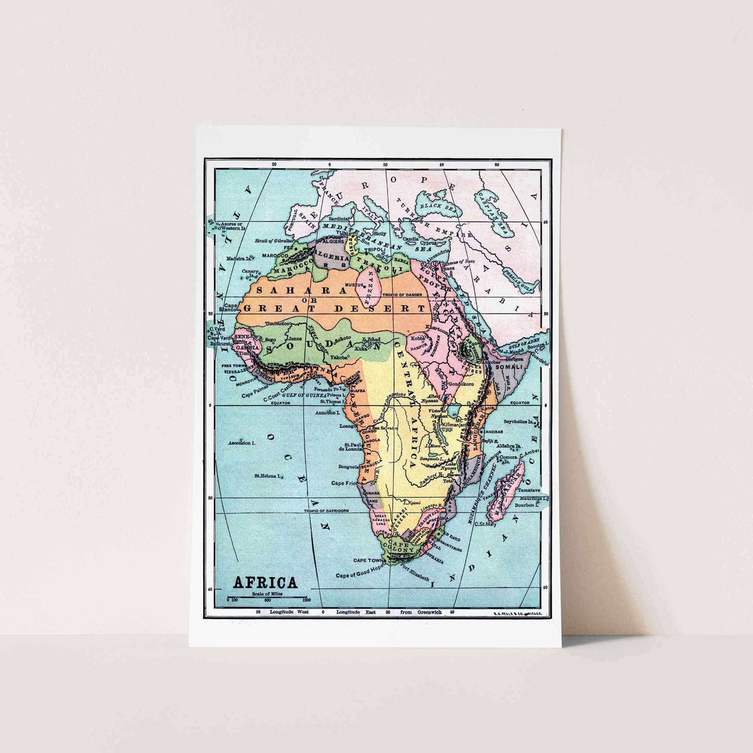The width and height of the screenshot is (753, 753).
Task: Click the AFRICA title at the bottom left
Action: pyautogui.click(x=265, y=582)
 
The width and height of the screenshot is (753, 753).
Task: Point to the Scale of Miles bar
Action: pyautogui.click(x=267, y=597)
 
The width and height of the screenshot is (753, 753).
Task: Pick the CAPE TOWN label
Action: pyautogui.click(x=368, y=560)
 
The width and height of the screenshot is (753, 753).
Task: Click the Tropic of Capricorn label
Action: pyautogui.click(x=326, y=511)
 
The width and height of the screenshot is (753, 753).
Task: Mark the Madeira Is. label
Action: pyautogui.click(x=239, y=258)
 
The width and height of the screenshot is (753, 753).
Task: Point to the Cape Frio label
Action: pyautogui.click(x=343, y=483)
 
